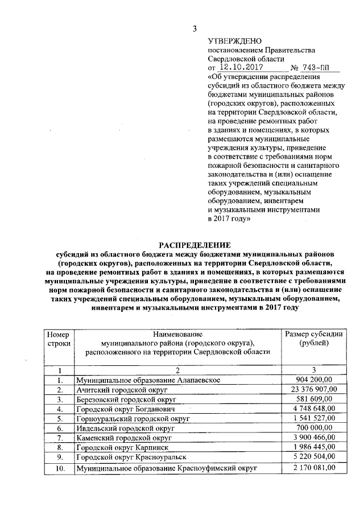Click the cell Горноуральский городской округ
[133, 418]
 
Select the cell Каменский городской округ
[125, 438]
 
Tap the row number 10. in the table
[59, 468]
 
